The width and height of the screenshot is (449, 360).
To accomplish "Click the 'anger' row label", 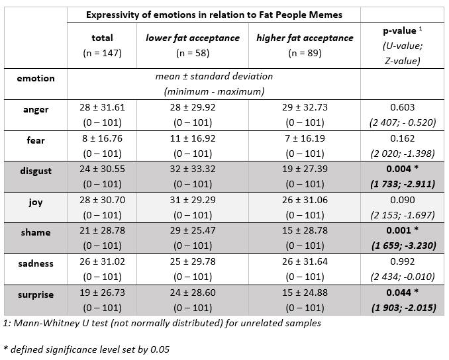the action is click(x=36, y=109).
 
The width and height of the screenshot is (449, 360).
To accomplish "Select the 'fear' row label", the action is click(x=36, y=140).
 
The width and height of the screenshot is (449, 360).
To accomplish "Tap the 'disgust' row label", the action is click(x=36, y=171).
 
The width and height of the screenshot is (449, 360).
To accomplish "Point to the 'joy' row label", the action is click(x=36, y=202).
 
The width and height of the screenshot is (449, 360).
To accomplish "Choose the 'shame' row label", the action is click(x=36, y=232).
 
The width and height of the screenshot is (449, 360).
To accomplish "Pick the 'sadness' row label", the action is click(x=36, y=263).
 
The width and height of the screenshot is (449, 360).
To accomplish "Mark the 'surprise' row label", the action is click(x=36, y=294).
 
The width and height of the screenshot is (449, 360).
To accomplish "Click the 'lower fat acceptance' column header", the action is click(x=193, y=38).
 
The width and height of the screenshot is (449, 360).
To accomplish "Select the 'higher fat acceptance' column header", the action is click(x=305, y=38).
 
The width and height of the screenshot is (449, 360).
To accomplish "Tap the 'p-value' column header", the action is click(x=400, y=30).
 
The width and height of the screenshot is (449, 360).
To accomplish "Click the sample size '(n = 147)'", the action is click(x=102, y=53).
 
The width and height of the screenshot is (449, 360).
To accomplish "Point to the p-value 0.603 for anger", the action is click(x=403, y=107).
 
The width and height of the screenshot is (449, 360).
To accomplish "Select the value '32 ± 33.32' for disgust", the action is click(x=193, y=169).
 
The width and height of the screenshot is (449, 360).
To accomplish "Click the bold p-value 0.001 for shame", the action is click(x=399, y=230).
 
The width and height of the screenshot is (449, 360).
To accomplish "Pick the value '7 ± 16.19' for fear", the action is click(x=305, y=138).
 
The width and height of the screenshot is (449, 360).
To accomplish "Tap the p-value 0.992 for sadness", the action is click(x=403, y=261).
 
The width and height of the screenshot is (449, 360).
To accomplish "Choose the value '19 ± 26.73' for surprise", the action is click(x=102, y=292).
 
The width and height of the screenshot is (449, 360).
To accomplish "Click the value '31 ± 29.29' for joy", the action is click(x=193, y=200).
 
